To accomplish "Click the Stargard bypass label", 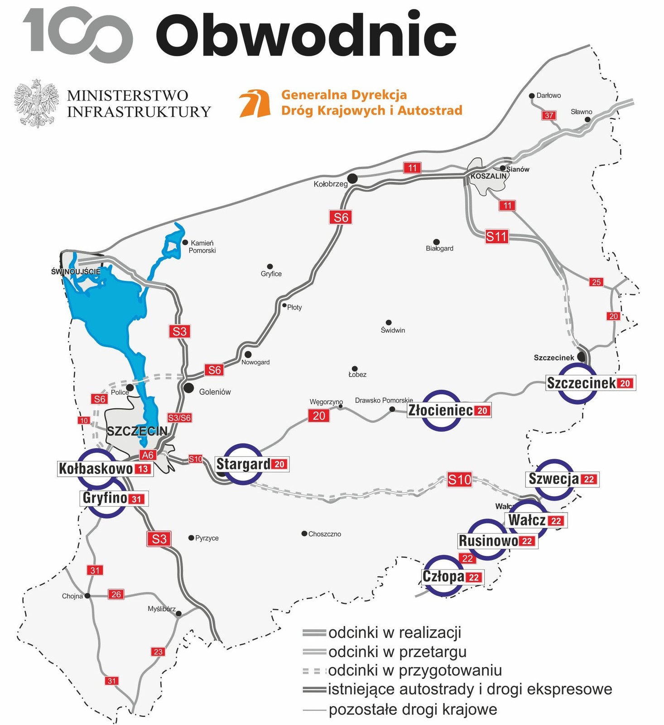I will coord(251,464).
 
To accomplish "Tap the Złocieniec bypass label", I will coord(448,411).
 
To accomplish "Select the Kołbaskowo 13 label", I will coord(105,469).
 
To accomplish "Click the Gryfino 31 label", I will coord(114,498).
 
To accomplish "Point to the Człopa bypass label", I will coord(451,577).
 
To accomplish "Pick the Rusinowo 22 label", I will coord(497,541).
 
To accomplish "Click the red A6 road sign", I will coord(148,455).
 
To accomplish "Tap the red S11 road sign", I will coord(496,237).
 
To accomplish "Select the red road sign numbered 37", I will coord(549,115).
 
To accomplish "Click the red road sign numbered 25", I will coord(596,282).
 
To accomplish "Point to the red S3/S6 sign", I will coord(179,418).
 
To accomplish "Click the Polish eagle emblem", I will coord(36,103).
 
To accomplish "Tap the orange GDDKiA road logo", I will coord(255,103).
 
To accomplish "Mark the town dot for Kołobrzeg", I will coord(352,179).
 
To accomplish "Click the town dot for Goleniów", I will coord(189,388).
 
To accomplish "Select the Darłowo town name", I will coord(549,96).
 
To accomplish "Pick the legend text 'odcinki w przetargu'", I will coord(397,652).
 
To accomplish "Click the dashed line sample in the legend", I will coord(314,671).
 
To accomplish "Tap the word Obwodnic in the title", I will coord(306,35).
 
